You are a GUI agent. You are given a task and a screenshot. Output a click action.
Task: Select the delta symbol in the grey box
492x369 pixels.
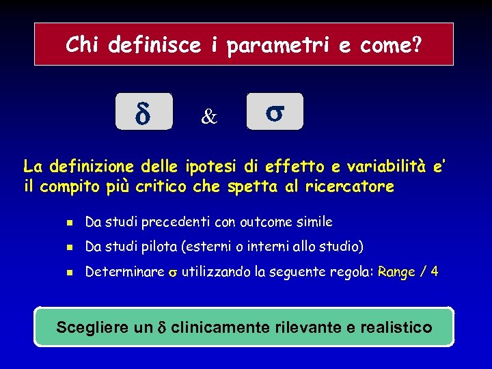[x=143, y=113]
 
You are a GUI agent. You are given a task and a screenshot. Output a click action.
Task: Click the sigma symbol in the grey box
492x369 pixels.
[x=274, y=112]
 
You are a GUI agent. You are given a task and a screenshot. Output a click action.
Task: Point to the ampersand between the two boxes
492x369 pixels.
[x=208, y=118]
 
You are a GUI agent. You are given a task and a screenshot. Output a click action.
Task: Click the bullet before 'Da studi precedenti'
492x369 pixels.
[x=68, y=222]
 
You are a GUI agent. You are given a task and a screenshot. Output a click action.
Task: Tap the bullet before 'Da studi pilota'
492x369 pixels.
[x=68, y=247]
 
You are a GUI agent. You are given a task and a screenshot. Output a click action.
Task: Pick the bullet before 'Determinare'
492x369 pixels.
[x=68, y=272]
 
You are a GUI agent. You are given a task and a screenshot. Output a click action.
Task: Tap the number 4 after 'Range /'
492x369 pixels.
[x=435, y=271]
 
